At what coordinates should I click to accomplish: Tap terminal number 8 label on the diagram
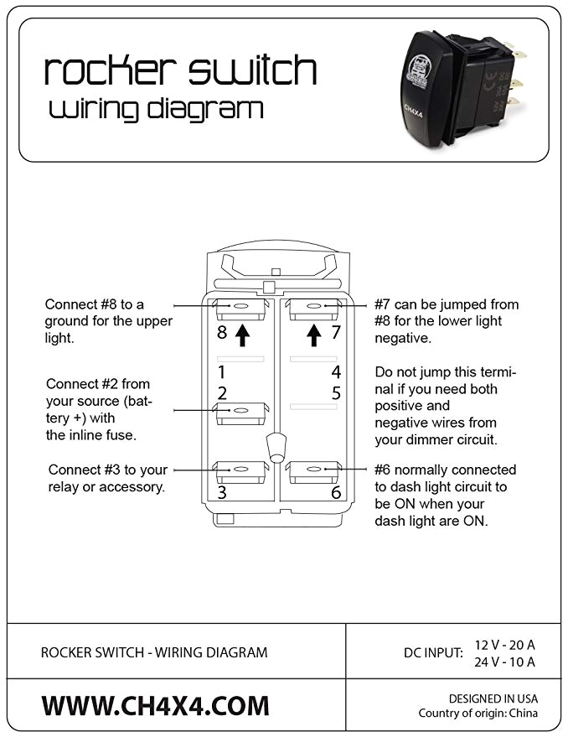click(222, 333)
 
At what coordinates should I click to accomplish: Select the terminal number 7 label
click(335, 333)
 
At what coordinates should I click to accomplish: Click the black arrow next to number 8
click(242, 335)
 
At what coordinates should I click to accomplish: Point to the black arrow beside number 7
click(314, 335)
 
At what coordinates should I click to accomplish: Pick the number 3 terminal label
click(222, 493)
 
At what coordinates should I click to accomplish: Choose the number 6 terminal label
click(335, 493)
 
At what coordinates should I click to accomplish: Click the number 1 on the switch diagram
click(222, 371)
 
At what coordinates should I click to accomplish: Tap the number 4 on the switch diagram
click(335, 371)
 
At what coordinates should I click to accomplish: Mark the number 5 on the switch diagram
click(335, 392)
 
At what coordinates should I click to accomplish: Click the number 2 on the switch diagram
click(222, 392)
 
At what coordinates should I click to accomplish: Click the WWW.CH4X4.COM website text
click(156, 705)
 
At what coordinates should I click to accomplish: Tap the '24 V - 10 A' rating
click(504, 662)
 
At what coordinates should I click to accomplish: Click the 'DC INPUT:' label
click(432, 652)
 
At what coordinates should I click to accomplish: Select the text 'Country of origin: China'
click(478, 714)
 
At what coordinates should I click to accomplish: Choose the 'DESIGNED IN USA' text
click(493, 698)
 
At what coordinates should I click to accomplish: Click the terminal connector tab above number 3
click(240, 471)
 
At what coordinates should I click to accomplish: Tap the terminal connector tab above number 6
click(313, 471)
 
